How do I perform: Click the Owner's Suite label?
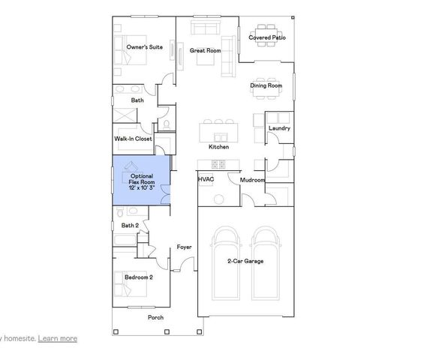point(145,47)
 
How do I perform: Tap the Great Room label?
point(205,51)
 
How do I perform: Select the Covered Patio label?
point(267,37)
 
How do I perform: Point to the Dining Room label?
point(266,85)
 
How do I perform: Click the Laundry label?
point(279,128)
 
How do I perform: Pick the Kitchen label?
point(219,147)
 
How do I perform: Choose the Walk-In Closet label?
point(133,139)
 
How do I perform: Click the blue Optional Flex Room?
point(141,180)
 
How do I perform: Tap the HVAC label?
point(206,180)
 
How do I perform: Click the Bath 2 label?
point(131,225)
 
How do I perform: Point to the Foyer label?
point(184,247)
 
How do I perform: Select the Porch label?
point(155,317)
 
